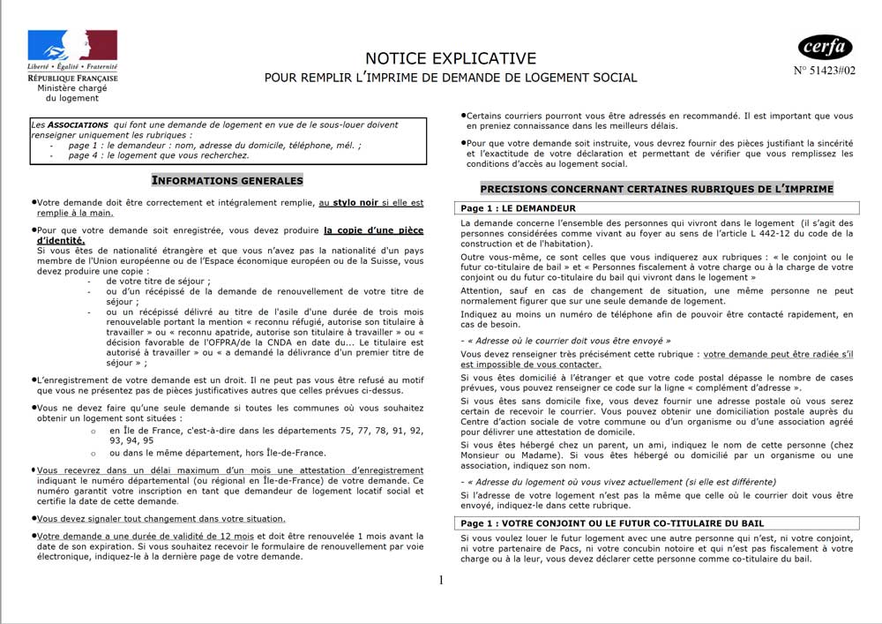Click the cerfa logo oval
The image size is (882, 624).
825,46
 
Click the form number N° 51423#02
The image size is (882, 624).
825,71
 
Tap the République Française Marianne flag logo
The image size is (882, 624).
72,45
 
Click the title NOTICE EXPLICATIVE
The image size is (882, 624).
451,58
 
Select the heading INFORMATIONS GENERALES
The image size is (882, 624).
228,181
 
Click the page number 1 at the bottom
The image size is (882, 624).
441,580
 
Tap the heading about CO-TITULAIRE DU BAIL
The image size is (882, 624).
582,523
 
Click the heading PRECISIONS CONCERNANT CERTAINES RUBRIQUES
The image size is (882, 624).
656,189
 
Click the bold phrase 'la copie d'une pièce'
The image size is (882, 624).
373,229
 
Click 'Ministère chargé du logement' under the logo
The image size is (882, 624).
72,93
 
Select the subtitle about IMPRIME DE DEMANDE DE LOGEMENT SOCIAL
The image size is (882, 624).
451,78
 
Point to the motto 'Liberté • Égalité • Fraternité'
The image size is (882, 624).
72,67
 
